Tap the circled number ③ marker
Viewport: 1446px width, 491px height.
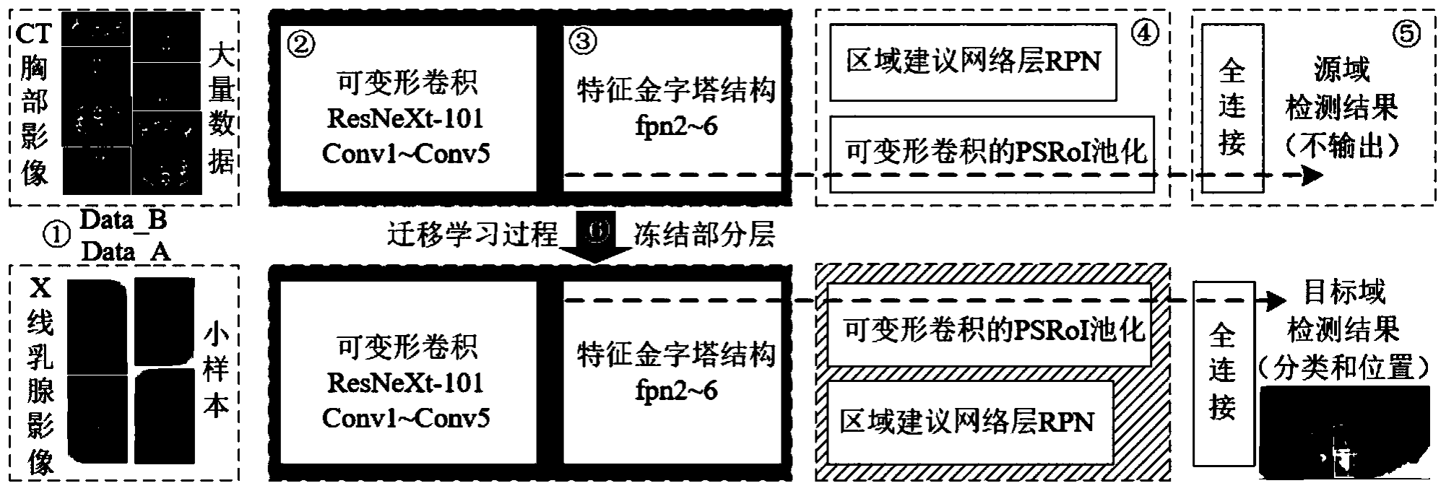584,41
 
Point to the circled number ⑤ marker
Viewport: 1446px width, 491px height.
1406,34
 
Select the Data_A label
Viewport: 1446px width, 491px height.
126,251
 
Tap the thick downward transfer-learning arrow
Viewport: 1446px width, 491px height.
595,239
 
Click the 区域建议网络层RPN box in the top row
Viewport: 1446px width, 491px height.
973,62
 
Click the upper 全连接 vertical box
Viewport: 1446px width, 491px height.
1232,108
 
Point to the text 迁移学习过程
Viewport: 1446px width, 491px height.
472,235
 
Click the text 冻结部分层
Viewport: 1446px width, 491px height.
704,235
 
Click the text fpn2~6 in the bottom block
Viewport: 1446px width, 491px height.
676,391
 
